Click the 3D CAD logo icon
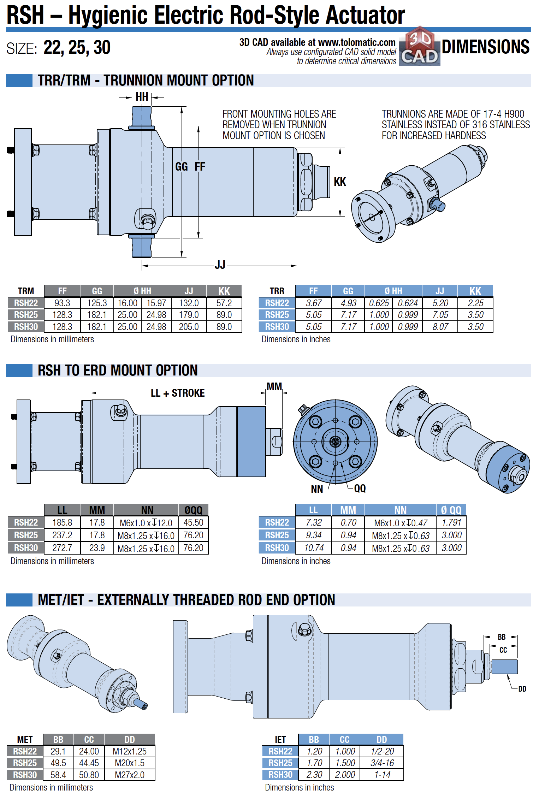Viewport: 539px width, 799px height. click(x=420, y=46)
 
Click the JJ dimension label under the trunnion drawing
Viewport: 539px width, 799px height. click(x=220, y=265)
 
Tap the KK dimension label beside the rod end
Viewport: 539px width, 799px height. click(x=340, y=182)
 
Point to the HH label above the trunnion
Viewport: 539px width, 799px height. click(x=142, y=97)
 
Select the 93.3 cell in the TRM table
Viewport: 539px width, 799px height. click(x=62, y=303)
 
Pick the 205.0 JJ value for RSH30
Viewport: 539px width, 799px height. click(x=189, y=327)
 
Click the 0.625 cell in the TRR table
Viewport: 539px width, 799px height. click(x=379, y=303)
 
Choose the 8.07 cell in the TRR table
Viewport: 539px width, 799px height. click(x=440, y=327)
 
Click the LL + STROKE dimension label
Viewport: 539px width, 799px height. click(x=178, y=393)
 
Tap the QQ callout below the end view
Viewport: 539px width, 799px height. click(x=360, y=489)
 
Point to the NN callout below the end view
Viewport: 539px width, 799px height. click(x=317, y=489)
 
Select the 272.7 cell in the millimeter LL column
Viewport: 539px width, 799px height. click(x=62, y=548)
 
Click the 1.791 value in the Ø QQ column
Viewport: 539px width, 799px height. click(x=451, y=522)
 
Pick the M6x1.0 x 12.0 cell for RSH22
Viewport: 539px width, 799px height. click(x=146, y=523)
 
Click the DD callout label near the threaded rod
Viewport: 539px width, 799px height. click(x=522, y=689)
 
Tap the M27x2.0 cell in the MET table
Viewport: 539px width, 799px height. click(x=130, y=775)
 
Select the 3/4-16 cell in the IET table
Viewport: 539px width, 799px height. click(x=382, y=763)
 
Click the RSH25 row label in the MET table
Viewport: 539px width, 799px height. click(x=25, y=763)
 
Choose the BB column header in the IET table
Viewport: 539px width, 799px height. click(x=314, y=740)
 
